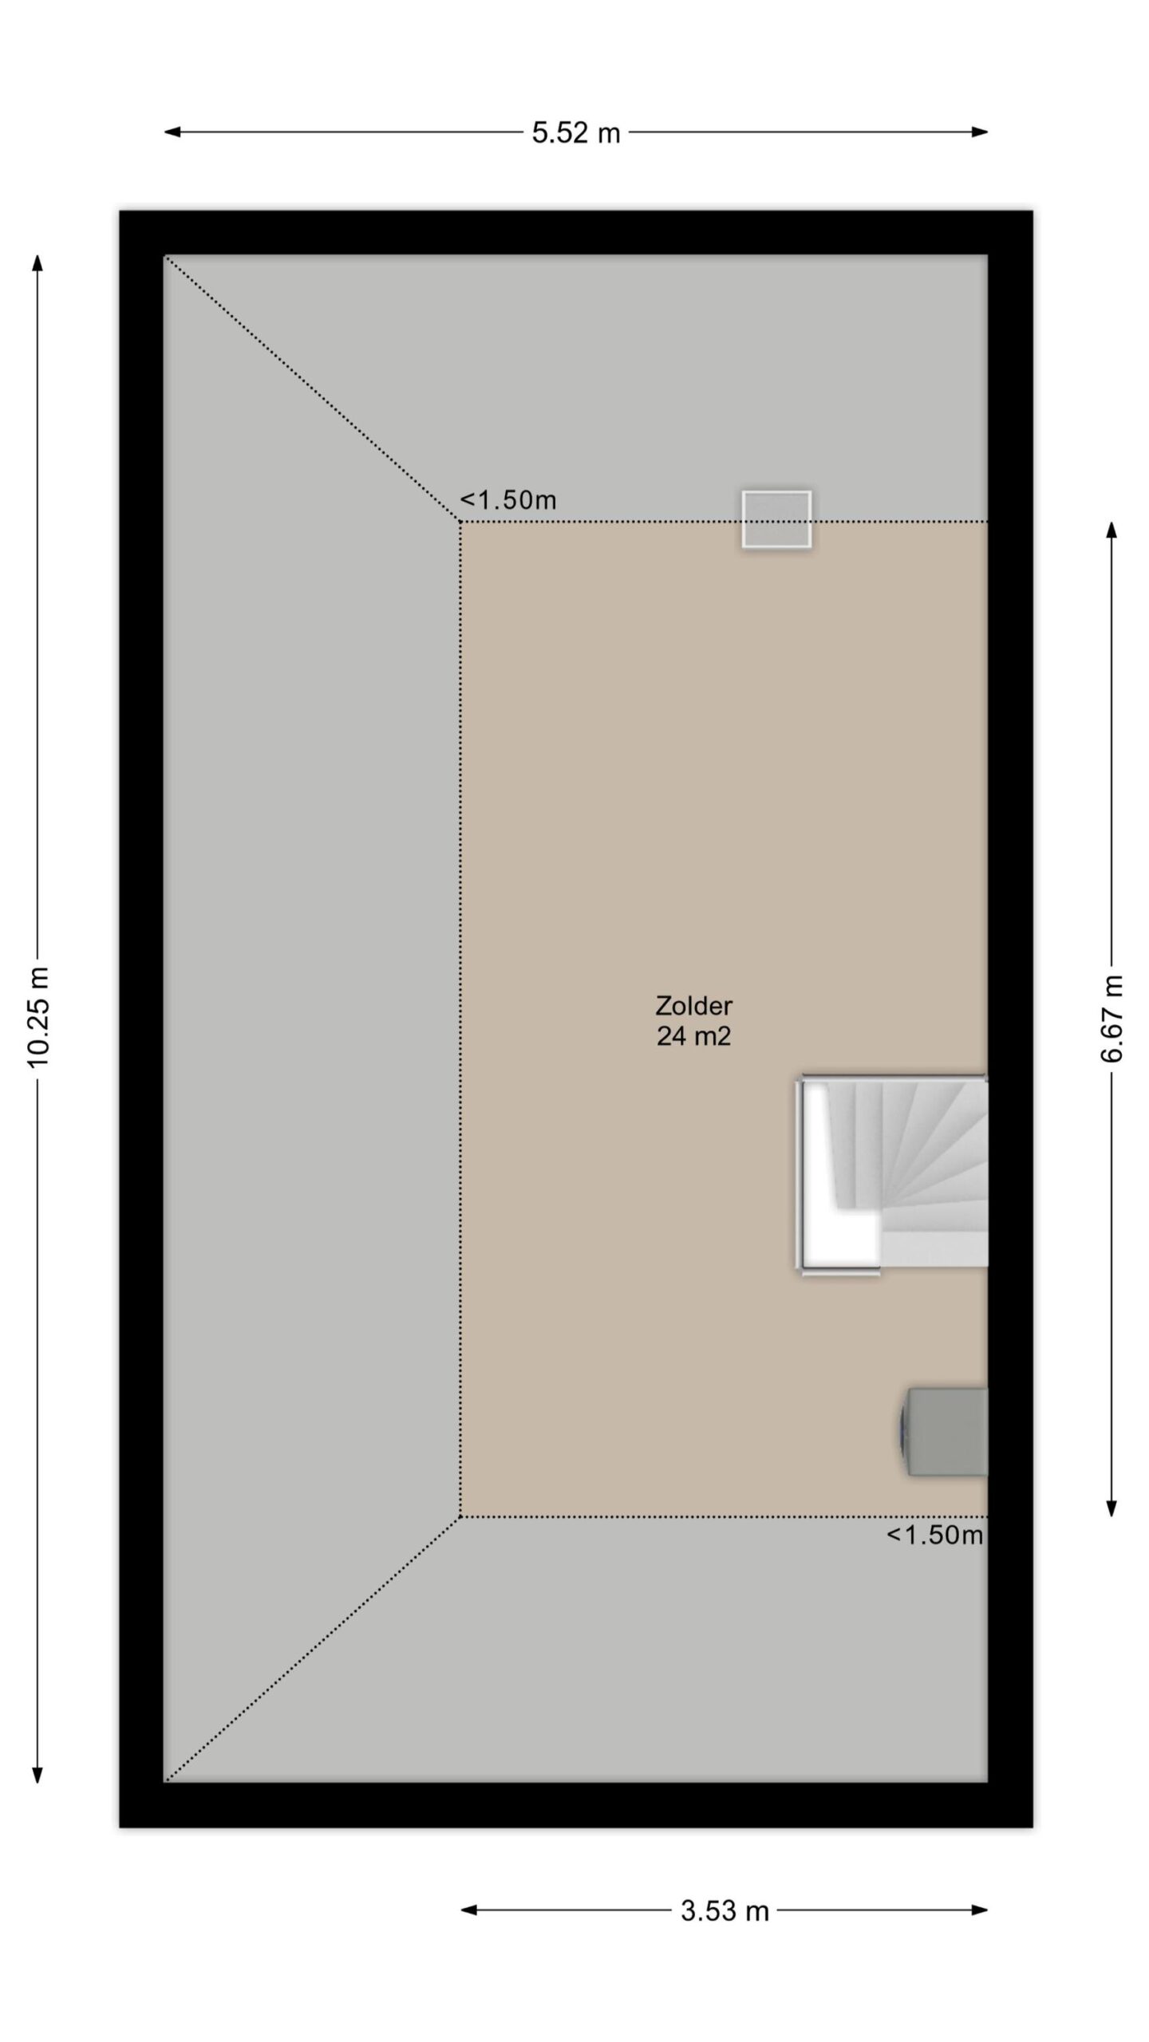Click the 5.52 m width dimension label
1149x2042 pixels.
(x=576, y=132)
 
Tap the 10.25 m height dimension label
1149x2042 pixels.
(x=38, y=1017)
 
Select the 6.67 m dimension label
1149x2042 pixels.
(x=1111, y=1019)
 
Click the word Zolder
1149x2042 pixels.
(x=694, y=1006)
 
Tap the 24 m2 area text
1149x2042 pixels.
(x=694, y=1036)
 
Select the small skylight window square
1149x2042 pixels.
(x=776, y=519)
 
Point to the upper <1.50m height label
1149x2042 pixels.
(x=508, y=500)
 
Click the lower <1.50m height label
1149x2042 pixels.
(x=934, y=1535)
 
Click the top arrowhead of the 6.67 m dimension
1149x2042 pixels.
(x=1111, y=530)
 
